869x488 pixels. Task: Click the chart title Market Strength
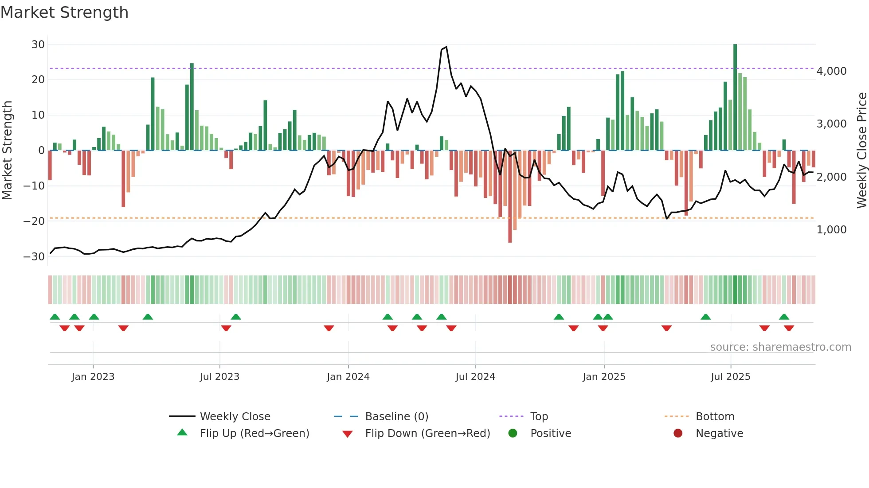(64, 12)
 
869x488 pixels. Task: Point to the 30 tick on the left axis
(38, 44)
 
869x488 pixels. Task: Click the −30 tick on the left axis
(34, 256)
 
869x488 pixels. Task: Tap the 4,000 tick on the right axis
(831, 71)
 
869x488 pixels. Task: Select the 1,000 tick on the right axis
(831, 229)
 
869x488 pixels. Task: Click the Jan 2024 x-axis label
(348, 376)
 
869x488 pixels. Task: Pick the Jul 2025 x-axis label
(730, 376)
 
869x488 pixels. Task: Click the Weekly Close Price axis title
(861, 150)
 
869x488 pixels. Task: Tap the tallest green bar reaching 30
(735, 97)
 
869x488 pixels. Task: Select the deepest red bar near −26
(510, 197)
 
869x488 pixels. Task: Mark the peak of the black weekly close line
(446, 47)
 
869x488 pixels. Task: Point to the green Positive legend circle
(513, 433)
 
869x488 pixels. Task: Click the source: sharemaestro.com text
(780, 347)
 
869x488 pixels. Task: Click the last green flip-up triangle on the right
(784, 317)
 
